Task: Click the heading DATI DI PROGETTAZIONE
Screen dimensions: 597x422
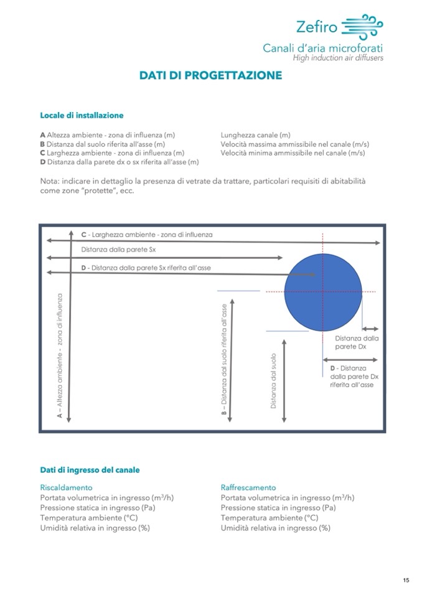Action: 210,75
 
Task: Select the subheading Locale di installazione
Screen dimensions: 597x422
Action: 82,115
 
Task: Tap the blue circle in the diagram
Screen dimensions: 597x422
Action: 323,291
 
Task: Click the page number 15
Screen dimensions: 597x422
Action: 406,580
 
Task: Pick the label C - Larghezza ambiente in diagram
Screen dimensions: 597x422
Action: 147,235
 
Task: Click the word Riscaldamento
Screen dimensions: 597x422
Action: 66,487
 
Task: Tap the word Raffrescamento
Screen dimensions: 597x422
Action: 248,487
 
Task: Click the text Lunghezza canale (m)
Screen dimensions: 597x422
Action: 256,134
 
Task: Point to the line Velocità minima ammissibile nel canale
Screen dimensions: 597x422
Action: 293,153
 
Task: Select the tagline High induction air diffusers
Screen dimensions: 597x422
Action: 338,58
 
